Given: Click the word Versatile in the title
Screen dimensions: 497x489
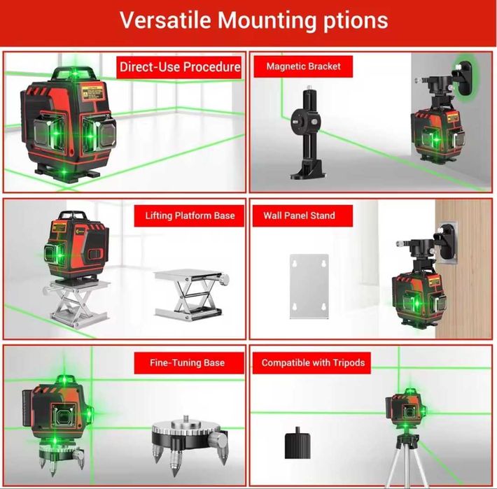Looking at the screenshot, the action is [165, 20].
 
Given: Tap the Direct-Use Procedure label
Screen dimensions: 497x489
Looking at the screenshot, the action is [180, 67].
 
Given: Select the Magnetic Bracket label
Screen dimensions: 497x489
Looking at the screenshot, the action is [303, 66].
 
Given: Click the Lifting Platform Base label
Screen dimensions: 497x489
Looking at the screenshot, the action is [190, 215].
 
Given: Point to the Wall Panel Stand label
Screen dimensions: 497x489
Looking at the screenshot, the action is [299, 215].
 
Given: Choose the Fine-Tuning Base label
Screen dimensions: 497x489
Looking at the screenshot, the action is [187, 362].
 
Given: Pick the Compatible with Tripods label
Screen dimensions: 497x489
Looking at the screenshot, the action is [313, 362].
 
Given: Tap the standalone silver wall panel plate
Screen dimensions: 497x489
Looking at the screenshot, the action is [309, 286].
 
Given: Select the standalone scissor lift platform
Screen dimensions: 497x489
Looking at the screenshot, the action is [191, 295].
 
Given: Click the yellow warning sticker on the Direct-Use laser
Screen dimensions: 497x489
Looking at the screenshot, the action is [92, 92].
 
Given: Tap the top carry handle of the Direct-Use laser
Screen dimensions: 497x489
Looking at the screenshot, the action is [74, 73].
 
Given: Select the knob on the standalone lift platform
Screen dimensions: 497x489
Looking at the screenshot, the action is [224, 278].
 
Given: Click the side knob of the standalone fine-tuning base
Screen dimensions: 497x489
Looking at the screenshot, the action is [218, 439].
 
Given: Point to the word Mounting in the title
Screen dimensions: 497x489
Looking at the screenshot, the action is [267, 21].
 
